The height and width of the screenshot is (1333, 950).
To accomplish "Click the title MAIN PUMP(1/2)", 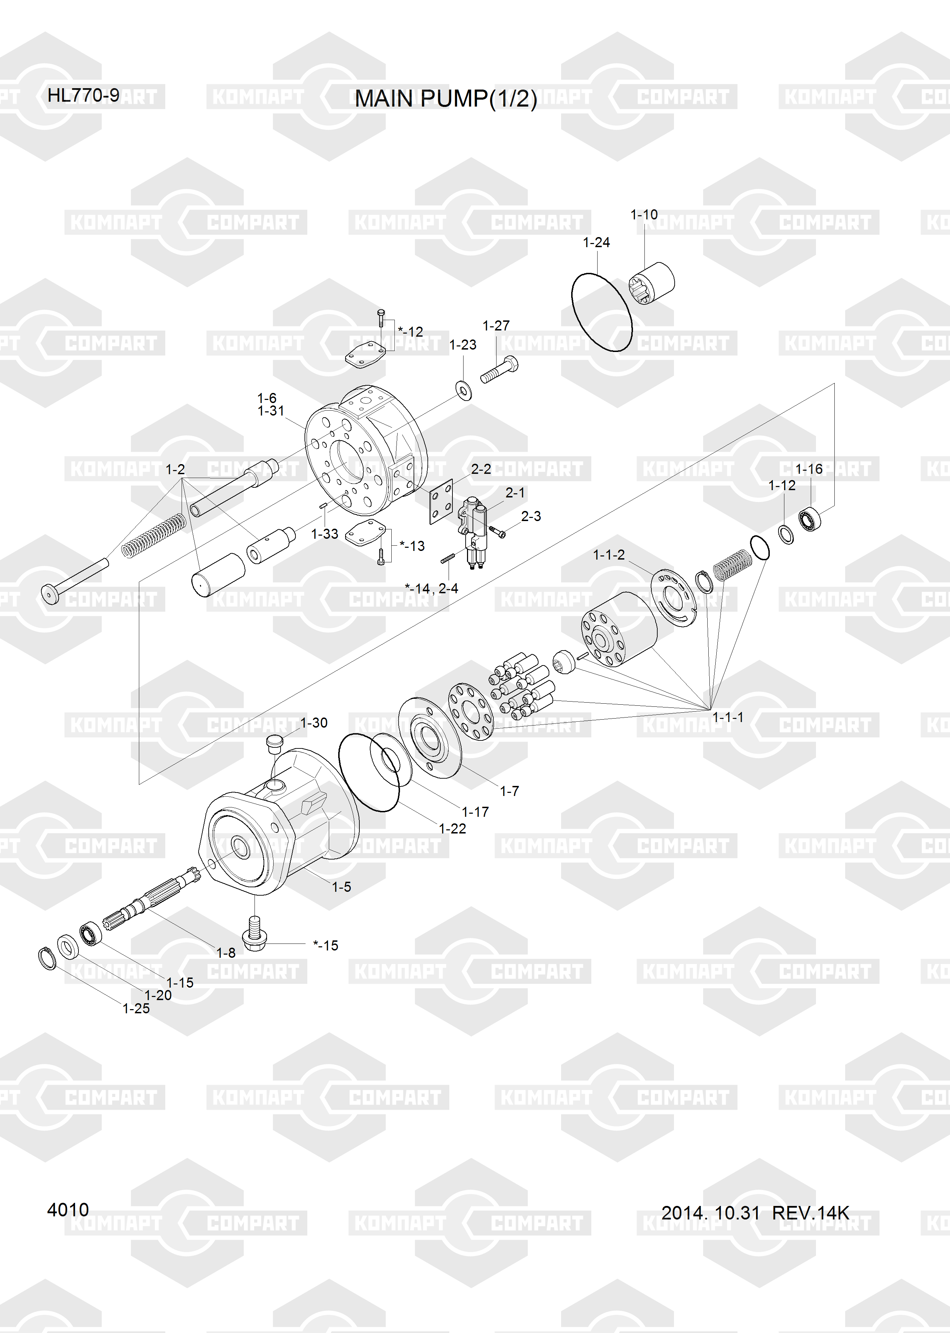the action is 446,99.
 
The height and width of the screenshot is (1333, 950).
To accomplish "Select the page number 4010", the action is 68,1210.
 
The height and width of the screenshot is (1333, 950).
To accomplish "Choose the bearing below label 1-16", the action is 810,519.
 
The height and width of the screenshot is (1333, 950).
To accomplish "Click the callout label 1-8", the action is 226,953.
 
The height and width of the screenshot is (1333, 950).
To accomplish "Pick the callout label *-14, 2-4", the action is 431,588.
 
